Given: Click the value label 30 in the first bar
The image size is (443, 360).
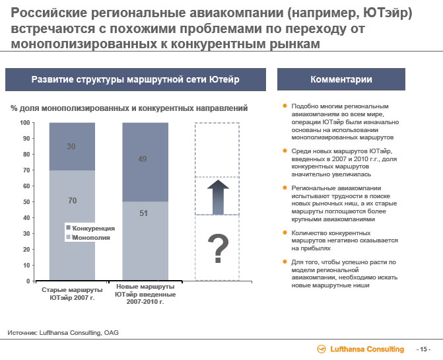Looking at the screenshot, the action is coord(71,147).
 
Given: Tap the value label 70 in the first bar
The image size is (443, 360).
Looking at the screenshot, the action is coord(73,201).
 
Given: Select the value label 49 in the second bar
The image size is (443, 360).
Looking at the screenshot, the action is coord(143,159).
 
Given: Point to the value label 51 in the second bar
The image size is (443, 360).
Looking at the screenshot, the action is coord(143,213).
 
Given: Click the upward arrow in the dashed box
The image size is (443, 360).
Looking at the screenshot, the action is coord(218,197).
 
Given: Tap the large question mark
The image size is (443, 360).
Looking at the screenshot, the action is coord(218,248).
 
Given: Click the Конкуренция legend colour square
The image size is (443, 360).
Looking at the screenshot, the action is coord(68,227).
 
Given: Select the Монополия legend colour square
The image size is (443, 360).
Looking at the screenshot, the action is coord(68,237).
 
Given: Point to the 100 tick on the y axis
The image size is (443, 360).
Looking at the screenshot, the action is coord(25,123).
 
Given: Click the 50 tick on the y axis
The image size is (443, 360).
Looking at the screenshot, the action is coord(26,201).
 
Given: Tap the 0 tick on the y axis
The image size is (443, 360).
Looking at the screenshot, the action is coord(28,281).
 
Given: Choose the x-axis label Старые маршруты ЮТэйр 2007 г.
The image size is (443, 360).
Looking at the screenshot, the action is coord(72,294).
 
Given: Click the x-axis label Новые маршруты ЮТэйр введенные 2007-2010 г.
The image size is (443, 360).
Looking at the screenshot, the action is coord(145,294).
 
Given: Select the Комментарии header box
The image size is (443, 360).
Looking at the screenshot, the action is coord(341,79).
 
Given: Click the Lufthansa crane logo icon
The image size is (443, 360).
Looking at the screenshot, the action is coord(322,349).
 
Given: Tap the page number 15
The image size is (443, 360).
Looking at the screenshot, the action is coord(423,349).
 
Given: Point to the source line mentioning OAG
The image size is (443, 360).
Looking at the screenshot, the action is coord(63,333).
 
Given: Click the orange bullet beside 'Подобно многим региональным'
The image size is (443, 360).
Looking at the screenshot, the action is coord(285,106).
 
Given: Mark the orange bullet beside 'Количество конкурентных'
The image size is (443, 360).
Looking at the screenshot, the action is coord(285,233).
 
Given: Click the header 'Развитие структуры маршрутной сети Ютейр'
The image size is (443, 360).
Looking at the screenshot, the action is coord(135,79).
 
